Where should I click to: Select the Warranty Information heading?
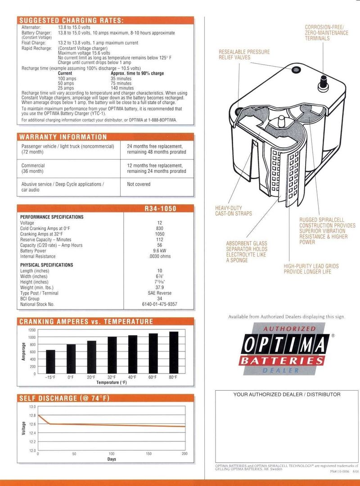coord(63,137)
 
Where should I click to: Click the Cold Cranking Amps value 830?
coord(160,229)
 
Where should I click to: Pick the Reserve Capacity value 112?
coord(160,239)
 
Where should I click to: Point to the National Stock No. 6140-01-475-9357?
coord(160,304)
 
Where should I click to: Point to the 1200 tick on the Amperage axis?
coord(32,330)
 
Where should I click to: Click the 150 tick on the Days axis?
coord(148,454)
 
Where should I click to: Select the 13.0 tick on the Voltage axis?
coord(32,406)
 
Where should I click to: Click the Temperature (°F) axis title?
coord(112,382)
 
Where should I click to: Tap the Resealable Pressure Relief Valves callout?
coord(244,54)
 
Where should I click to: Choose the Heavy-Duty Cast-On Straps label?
coord(234,211)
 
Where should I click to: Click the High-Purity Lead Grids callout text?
coord(311,269)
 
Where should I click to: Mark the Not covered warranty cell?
coord(139,184)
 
